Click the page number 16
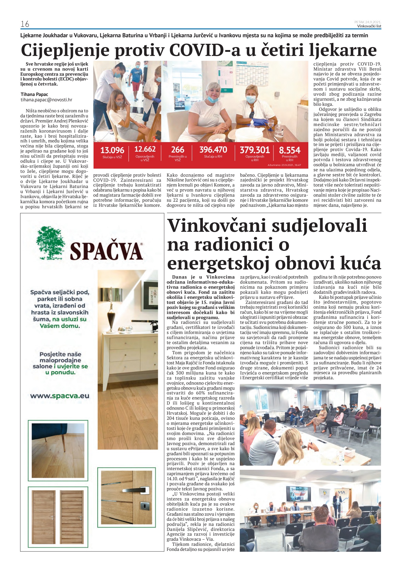[25, 24]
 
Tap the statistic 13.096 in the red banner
[112, 150]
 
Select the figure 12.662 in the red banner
[145, 149]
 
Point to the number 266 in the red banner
[178, 150]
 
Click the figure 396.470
[213, 150]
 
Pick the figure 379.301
[255, 150]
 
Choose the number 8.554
[290, 150]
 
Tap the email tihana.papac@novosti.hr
[46, 100]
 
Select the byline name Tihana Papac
[34, 94]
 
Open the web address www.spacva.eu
[60, 396]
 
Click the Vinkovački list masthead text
[369, 26]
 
